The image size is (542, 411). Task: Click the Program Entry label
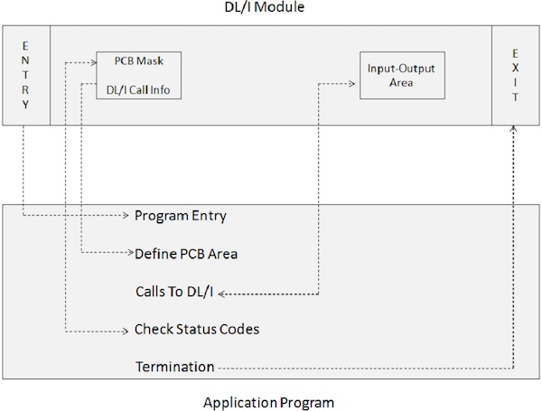[x=180, y=216]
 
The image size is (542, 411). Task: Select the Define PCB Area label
[x=185, y=253]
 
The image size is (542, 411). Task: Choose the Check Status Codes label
[x=197, y=329]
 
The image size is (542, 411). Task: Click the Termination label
[x=174, y=367]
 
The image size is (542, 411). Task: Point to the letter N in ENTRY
[x=25, y=59]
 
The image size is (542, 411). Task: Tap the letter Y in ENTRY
[x=25, y=105]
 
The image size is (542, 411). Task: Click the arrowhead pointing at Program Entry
[x=126, y=216]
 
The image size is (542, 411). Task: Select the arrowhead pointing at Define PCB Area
[x=126, y=253]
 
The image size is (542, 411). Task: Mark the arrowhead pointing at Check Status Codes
[x=126, y=330]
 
